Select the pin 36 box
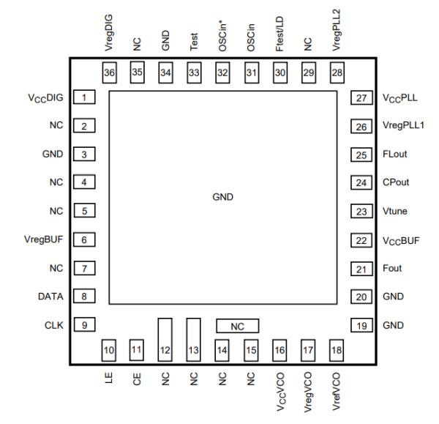point(109,72)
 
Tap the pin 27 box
point(361,97)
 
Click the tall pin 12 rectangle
point(165,339)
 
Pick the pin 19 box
point(361,324)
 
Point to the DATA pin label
point(50,297)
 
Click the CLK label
point(53,324)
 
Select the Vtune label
point(395,212)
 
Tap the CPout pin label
point(396,183)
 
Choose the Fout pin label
point(392,268)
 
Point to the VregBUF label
point(45,239)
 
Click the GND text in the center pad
point(222,198)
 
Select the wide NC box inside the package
point(237,324)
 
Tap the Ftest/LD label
point(279,36)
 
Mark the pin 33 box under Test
point(194,72)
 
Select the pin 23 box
point(361,212)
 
